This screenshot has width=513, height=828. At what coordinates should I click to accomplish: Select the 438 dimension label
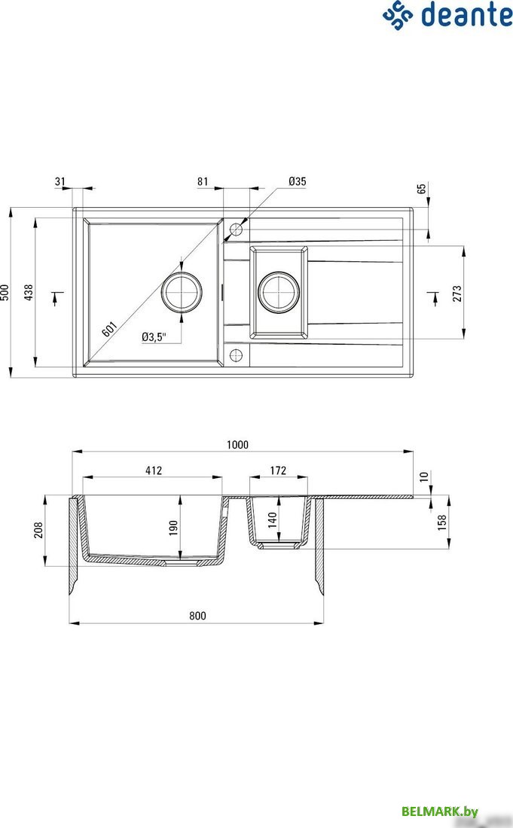29,293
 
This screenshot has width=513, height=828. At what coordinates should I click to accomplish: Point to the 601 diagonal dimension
109,329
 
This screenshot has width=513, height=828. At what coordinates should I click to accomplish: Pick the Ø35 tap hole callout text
297,181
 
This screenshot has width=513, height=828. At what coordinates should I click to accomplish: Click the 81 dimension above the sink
203,181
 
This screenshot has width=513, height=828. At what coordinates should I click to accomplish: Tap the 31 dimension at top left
60,181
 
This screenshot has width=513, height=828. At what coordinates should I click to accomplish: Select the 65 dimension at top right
422,188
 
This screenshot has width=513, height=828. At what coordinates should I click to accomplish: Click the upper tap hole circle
237,229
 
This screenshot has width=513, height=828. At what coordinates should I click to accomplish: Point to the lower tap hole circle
237,355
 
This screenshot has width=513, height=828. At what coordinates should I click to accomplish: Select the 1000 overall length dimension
237,445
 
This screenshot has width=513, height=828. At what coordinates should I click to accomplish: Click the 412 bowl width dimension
154,470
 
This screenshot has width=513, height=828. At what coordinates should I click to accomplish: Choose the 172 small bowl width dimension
278,470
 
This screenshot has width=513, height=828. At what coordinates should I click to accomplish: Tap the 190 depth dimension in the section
173,528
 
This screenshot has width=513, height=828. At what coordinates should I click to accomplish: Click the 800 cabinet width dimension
197,616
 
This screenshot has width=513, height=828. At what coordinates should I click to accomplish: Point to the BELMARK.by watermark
440,811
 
